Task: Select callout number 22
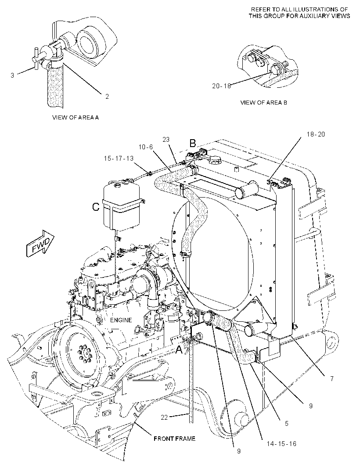[x=164, y=418]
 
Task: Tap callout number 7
[x=331, y=379]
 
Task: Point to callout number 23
[x=166, y=139]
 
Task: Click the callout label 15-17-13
[x=119, y=158]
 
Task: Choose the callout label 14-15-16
[x=281, y=444]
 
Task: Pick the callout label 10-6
[x=146, y=147]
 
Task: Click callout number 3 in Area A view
[x=12, y=75]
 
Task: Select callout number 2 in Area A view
[x=107, y=97]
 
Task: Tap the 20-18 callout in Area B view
[x=222, y=86]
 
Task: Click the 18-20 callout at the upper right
[x=316, y=134]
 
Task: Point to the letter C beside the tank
[x=96, y=206]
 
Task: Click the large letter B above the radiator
[x=193, y=143]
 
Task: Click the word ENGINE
[x=121, y=320]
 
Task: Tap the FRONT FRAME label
[x=175, y=439]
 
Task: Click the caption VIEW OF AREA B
[x=263, y=103]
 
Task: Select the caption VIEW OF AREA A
[x=76, y=117]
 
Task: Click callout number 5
[x=287, y=424]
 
